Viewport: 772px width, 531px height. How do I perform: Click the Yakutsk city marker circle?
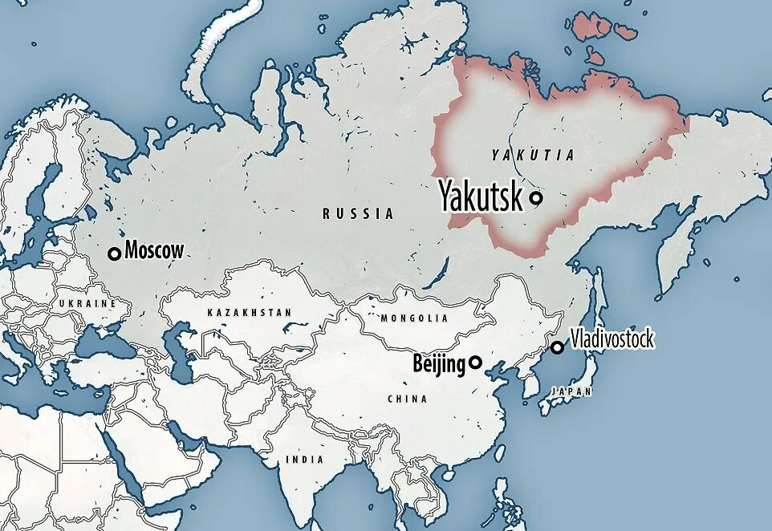click(535, 197)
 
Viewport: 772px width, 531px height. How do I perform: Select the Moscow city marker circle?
click(114, 253)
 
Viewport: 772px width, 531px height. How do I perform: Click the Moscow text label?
click(154, 250)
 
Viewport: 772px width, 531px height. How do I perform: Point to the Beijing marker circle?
click(475, 363)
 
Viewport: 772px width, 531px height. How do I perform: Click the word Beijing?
click(438, 364)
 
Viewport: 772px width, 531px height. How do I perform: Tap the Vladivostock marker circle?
click(557, 347)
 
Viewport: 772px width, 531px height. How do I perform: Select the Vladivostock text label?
click(612, 339)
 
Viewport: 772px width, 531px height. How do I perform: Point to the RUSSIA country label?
click(358, 214)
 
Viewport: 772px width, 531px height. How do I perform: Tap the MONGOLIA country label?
click(414, 318)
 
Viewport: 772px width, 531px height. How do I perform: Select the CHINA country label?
click(407, 399)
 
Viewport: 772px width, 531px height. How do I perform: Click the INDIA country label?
click(305, 460)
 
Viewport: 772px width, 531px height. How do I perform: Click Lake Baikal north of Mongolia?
click(438, 273)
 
